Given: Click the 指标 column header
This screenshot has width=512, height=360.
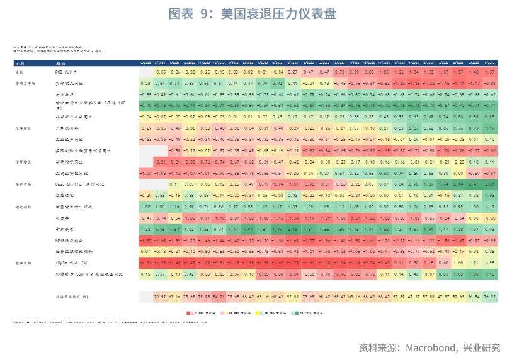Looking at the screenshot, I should click(60, 64).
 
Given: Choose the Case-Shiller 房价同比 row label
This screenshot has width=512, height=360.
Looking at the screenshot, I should click(76, 184).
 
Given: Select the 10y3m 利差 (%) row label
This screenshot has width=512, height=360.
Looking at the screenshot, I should click(71, 262).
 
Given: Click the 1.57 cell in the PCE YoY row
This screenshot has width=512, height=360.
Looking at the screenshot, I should click(461, 73).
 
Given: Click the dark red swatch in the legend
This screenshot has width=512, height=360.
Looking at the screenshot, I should click(188, 312).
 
